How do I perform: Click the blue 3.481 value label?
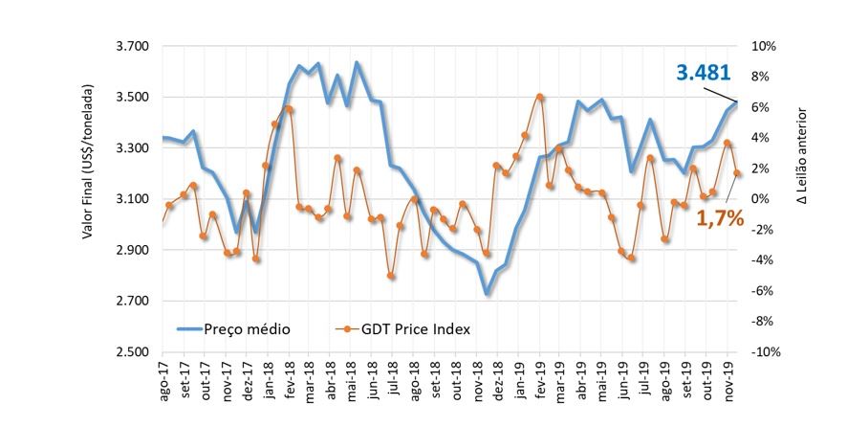[703, 73]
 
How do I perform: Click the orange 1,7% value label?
[719, 217]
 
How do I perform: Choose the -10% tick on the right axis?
[765, 352]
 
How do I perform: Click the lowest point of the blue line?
[487, 294]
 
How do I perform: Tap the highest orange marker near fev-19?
[540, 97]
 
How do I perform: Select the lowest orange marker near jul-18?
[391, 276]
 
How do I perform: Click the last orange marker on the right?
[737, 173]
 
